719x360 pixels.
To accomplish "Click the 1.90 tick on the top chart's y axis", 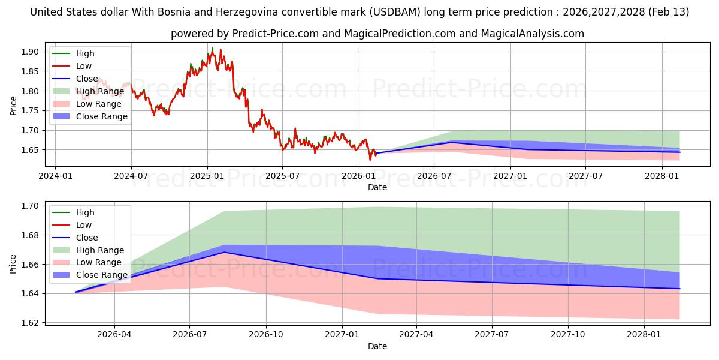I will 30,52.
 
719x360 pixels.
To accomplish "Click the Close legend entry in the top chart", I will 87,79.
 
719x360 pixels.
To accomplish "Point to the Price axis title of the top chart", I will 13,106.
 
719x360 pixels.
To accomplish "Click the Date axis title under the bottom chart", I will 377,346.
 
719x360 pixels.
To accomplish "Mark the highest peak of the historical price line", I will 212,48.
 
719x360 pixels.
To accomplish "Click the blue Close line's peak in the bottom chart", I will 225,252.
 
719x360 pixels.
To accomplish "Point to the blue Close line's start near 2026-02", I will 75,292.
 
